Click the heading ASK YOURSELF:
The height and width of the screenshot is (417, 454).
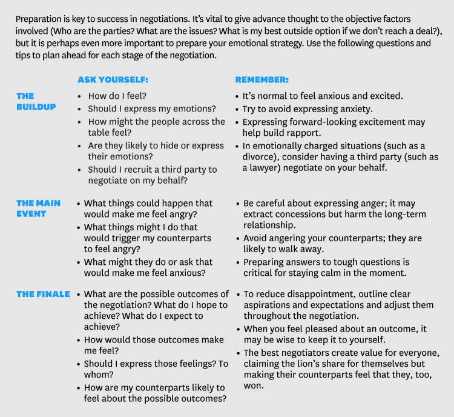(113, 79)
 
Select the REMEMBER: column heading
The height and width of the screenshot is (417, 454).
(262, 79)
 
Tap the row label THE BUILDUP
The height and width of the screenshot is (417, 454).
(35, 101)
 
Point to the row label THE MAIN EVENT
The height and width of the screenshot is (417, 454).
(38, 208)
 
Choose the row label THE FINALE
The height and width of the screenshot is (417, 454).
(42, 294)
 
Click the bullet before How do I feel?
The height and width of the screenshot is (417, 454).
(80, 96)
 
